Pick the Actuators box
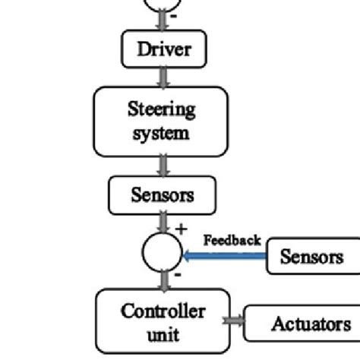pyautogui.click(x=302, y=324)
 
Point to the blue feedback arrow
pyautogui.click(x=224, y=257)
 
